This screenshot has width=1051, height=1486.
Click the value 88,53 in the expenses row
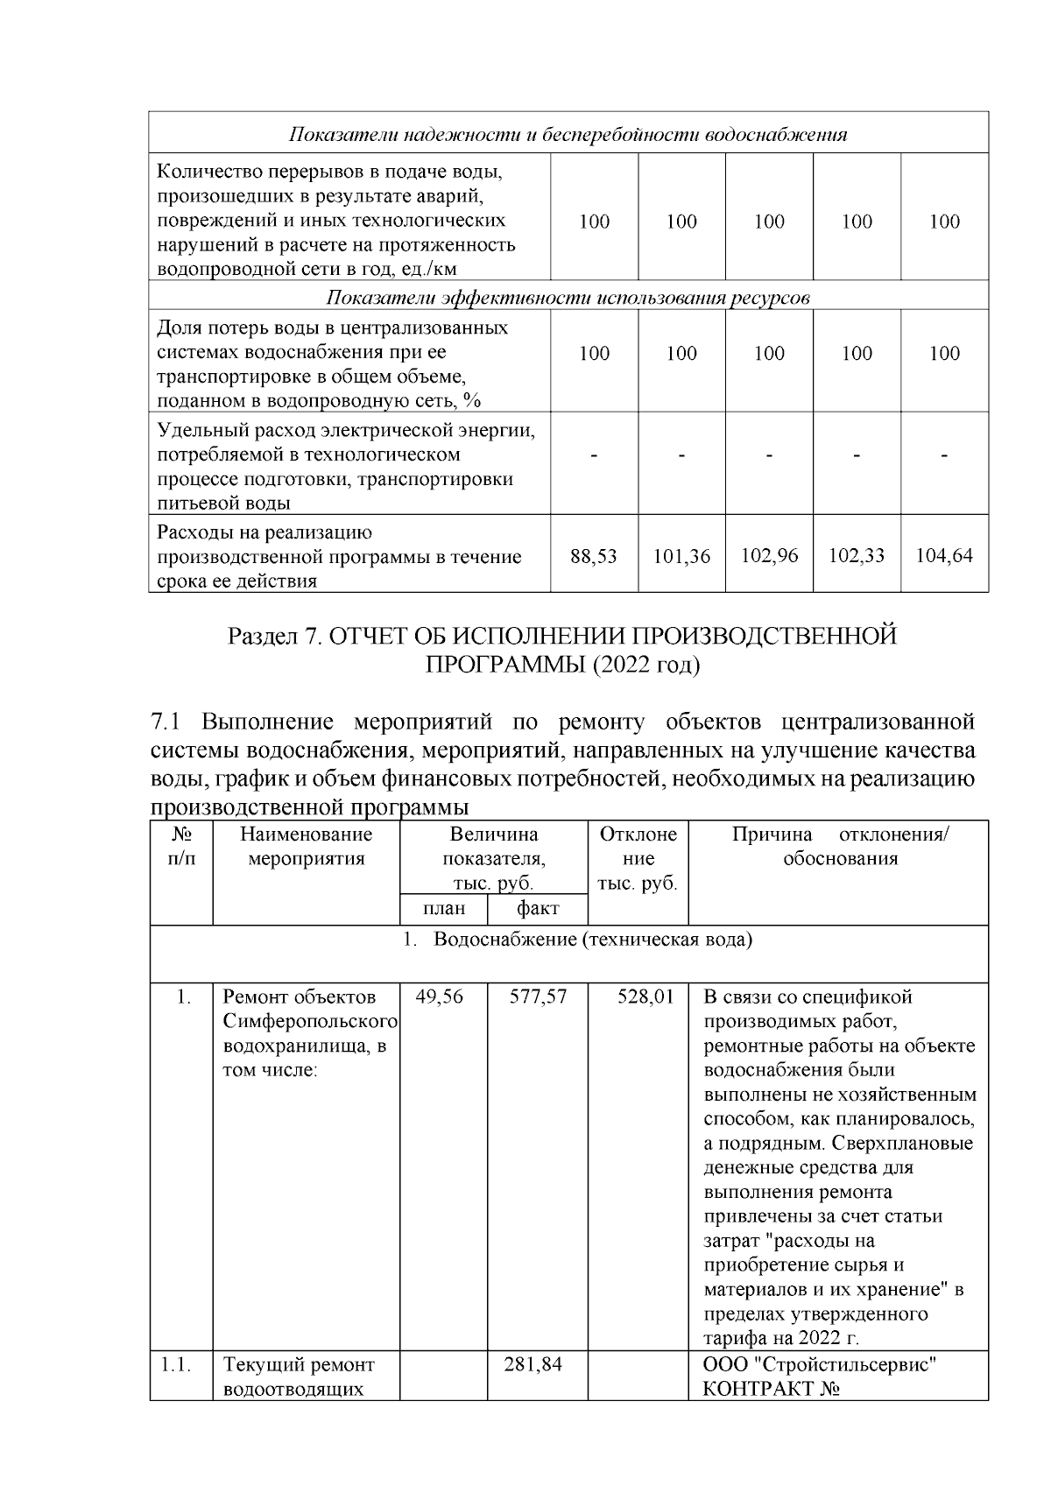click(594, 556)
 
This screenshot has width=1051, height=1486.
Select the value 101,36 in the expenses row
click(681, 556)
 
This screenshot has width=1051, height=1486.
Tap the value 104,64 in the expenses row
click(944, 556)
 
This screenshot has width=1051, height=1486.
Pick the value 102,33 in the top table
click(857, 556)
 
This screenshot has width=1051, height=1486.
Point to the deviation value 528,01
click(645, 997)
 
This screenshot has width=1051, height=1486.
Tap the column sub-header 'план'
click(444, 909)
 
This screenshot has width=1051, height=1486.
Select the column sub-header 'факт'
click(538, 909)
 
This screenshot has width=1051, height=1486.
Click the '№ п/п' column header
click(181, 846)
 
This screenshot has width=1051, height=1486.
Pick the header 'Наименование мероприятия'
click(306, 846)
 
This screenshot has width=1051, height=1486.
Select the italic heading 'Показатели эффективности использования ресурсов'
click(568, 297)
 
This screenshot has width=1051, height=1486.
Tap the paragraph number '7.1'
click(166, 722)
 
